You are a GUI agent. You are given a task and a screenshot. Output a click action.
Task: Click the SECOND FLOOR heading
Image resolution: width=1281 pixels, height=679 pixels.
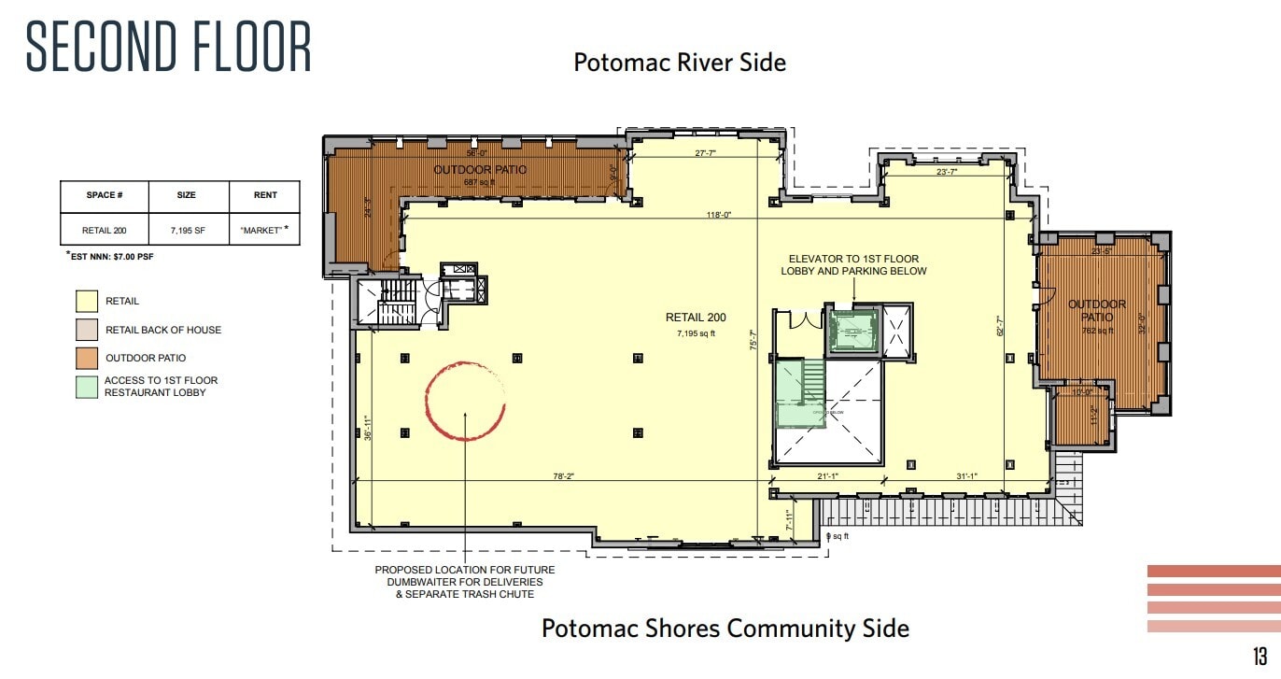(x=169, y=46)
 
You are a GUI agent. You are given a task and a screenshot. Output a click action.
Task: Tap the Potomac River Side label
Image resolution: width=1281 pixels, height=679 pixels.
(x=679, y=63)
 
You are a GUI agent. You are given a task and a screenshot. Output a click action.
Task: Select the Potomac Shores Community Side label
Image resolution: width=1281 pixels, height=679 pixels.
(x=725, y=628)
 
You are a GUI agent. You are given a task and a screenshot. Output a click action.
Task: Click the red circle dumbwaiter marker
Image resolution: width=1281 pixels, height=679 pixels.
(x=465, y=401)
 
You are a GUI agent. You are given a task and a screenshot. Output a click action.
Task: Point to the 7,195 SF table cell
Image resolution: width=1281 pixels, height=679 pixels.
(x=186, y=230)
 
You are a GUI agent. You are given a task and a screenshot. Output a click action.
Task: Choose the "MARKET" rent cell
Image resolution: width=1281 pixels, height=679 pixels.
(x=264, y=230)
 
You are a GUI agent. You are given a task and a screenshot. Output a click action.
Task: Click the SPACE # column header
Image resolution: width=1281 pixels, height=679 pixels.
(x=105, y=196)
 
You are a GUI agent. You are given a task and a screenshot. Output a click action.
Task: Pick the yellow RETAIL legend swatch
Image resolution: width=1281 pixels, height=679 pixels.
(x=86, y=302)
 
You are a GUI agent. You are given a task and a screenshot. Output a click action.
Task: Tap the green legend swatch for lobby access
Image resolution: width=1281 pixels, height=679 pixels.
(x=86, y=387)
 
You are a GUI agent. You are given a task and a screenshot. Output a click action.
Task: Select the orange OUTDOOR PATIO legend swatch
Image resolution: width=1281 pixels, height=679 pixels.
(x=86, y=358)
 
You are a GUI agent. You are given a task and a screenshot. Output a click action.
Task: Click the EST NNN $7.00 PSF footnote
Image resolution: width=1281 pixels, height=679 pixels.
(x=109, y=255)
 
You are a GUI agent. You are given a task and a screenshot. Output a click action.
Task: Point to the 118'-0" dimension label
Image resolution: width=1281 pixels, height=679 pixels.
(x=718, y=215)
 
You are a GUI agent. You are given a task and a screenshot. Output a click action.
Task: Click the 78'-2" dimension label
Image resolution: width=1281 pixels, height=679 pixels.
(x=562, y=476)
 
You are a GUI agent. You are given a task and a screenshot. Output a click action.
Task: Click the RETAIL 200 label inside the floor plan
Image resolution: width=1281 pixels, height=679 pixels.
(x=695, y=318)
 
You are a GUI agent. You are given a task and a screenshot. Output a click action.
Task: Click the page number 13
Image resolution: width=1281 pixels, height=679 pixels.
(x=1260, y=655)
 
